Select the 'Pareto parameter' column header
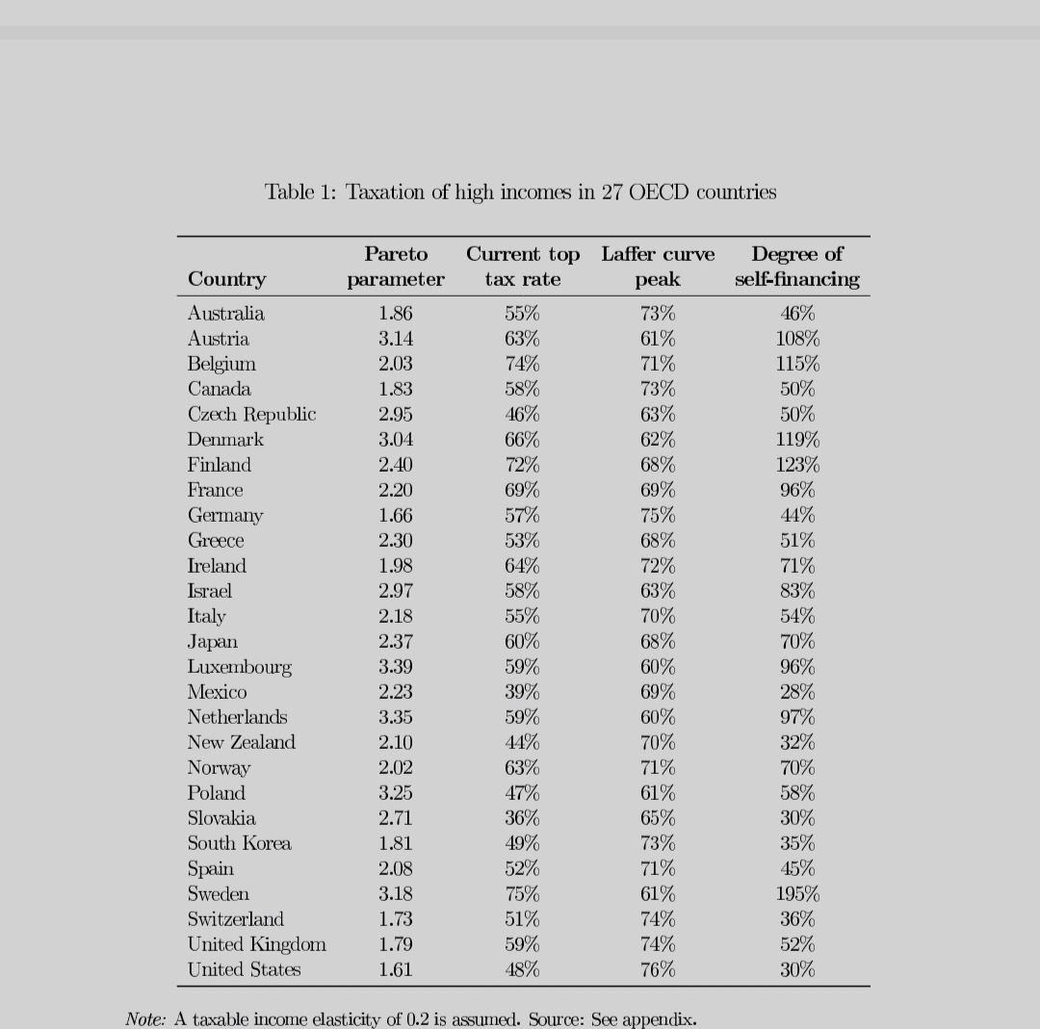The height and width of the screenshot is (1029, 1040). coord(396,267)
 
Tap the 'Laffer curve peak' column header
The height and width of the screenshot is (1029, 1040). coord(658,267)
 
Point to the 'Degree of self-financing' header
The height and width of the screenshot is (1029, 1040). coord(797,267)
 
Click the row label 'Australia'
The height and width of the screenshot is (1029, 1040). coord(225,313)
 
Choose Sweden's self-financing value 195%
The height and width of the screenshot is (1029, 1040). coord(797,894)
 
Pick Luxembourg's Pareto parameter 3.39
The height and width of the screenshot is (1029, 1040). coord(396,667)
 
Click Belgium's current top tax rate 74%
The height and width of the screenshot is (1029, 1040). coord(522,364)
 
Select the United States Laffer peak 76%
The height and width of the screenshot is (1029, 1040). coord(658,969)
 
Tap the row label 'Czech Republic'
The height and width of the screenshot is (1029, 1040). coord(251,414)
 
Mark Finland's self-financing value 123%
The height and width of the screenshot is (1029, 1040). coord(797,465)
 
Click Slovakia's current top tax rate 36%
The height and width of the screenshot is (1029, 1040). coord(522,818)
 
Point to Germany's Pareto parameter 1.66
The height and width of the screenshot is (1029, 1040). coord(396,515)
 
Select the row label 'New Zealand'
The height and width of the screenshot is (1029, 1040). coord(241,742)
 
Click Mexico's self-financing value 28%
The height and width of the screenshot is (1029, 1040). coord(797,692)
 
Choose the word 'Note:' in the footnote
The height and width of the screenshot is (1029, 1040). coord(145,1019)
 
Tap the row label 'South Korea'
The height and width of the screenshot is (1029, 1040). coord(239,843)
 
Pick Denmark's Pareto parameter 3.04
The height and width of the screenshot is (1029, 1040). coord(396,439)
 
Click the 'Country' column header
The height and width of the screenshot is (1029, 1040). coord(226,279)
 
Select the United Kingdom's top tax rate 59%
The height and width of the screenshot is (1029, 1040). coord(522,944)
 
